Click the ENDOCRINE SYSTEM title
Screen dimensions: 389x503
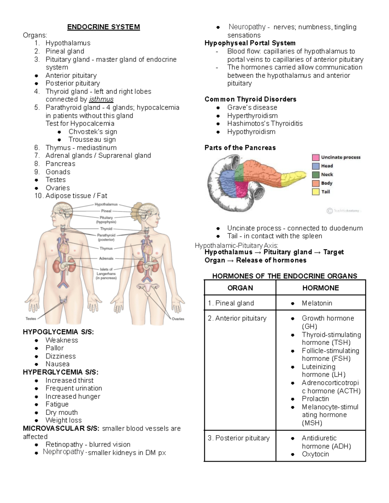[103, 27]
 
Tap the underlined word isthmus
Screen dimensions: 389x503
[101, 99]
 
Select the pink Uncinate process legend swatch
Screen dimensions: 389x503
[315, 157]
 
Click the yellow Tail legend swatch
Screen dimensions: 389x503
[315, 192]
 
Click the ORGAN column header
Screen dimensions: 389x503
[240, 288]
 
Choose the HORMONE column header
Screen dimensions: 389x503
[320, 288]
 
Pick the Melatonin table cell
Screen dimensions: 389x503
[317, 303]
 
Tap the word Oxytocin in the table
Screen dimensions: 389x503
[315, 454]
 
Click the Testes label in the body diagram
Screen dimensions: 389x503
[31, 319]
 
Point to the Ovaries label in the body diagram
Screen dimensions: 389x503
[178, 319]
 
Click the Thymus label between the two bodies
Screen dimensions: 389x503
[106, 248]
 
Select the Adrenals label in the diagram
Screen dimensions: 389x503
[106, 258]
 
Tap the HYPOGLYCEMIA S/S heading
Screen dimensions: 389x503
[58, 332]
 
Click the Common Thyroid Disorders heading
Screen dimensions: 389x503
[250, 99]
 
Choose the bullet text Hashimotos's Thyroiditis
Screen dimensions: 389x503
[265, 123]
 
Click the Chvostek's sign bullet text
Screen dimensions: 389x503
[93, 132]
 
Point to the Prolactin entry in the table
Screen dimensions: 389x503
[315, 399]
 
